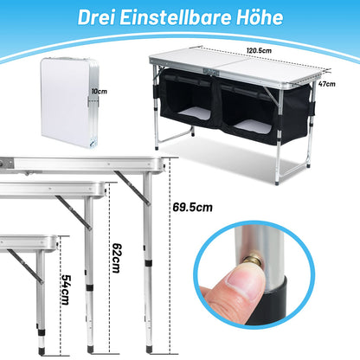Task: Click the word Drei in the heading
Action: (x=96, y=17)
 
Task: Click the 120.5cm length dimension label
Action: (x=259, y=50)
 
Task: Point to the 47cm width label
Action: (x=327, y=84)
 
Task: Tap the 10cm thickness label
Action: (x=100, y=92)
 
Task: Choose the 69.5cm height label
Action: (x=192, y=208)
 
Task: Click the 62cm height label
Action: (x=117, y=258)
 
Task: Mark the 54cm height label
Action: (x=66, y=289)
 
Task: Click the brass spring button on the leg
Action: (x=253, y=259)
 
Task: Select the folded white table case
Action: (x=70, y=102)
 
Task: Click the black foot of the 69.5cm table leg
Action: (x=149, y=349)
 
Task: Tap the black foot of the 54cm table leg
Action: (x=42, y=350)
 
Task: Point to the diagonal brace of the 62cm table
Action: (x=74, y=213)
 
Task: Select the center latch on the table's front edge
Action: (x=210, y=72)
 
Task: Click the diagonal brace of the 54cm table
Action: (x=25, y=267)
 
